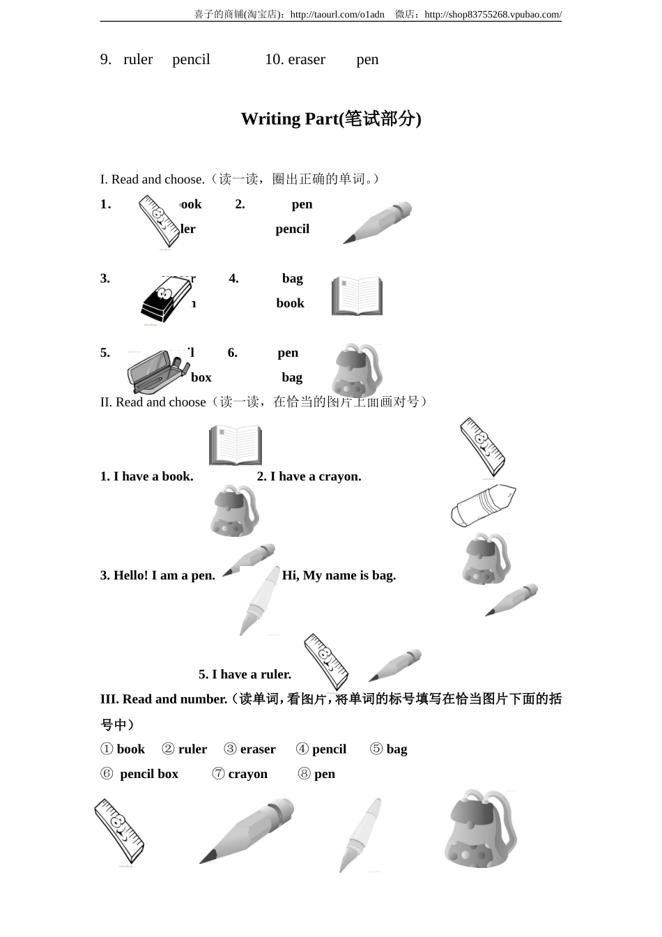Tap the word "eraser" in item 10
[x=306, y=60]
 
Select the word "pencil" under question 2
[x=292, y=229]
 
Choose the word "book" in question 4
[x=290, y=303]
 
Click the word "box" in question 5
[x=201, y=378]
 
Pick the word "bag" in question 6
[x=292, y=378]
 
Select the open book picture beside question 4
[x=357, y=296]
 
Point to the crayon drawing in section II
[x=483, y=505]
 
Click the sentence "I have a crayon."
[x=309, y=477]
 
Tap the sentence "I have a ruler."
[x=245, y=675]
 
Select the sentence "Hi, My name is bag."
[x=339, y=576]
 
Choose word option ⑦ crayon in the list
[x=240, y=775]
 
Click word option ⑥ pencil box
[x=140, y=775]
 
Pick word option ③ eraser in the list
[x=250, y=749]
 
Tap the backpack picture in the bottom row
[x=480, y=829]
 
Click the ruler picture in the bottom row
[x=119, y=832]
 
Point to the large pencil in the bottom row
[x=247, y=830]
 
